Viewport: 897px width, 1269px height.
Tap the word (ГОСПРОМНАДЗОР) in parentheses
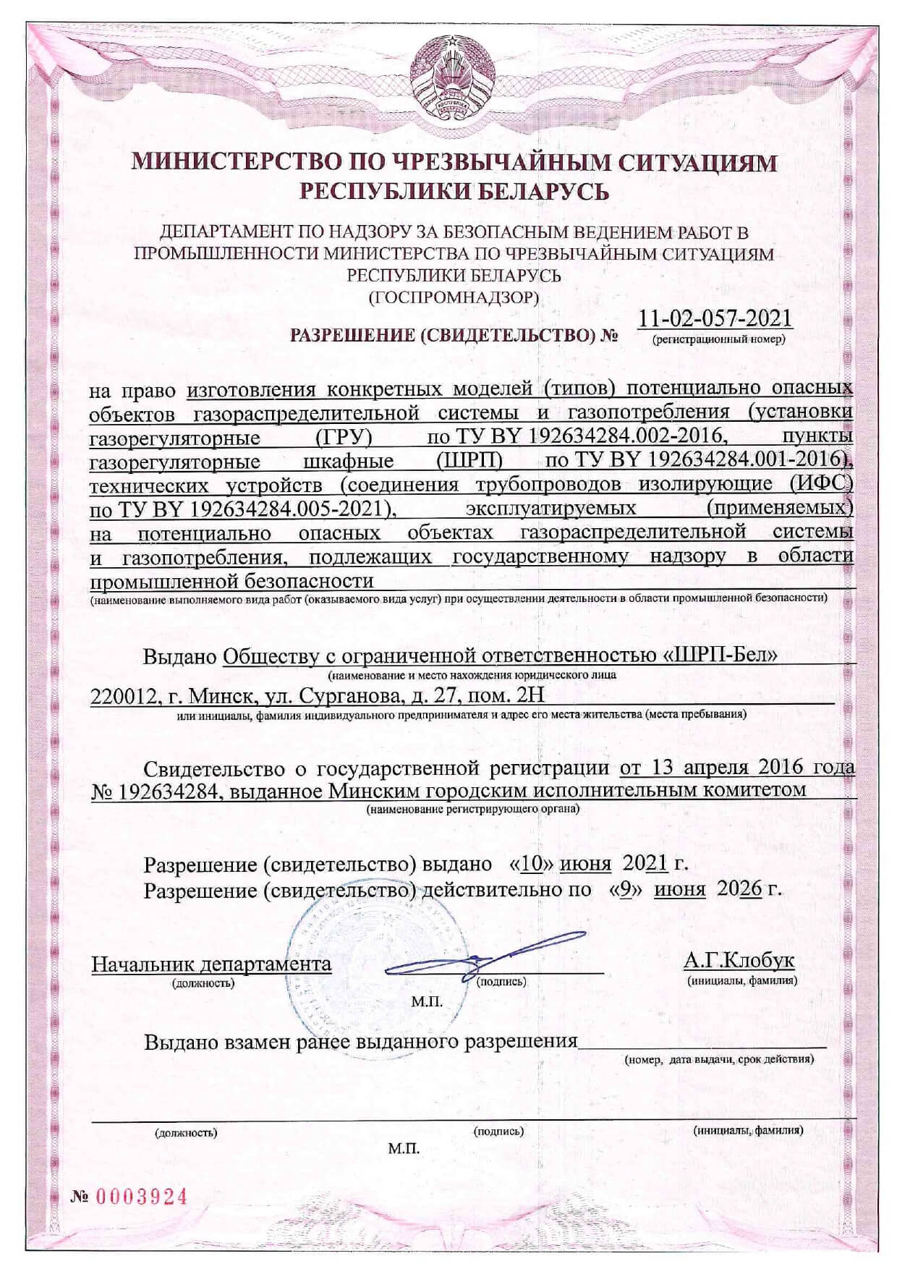(x=454, y=297)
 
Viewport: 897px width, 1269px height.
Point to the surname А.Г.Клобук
(x=739, y=960)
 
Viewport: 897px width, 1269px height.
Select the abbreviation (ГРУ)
(x=344, y=437)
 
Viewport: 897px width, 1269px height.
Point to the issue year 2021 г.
(x=654, y=863)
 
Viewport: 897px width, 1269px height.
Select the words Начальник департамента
(x=211, y=963)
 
